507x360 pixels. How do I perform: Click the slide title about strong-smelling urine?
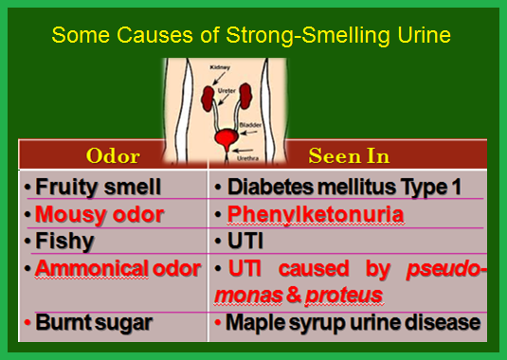pyautogui.click(x=251, y=35)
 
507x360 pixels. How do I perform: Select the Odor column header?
pyautogui.click(x=113, y=156)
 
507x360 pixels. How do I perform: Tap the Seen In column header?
pyautogui.click(x=349, y=155)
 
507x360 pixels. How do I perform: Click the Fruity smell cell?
pyautogui.click(x=98, y=187)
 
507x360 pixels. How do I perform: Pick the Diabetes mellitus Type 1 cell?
pyautogui.click(x=344, y=187)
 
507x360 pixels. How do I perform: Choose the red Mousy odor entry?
pyautogui.click(x=100, y=214)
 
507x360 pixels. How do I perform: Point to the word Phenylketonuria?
pyautogui.click(x=316, y=214)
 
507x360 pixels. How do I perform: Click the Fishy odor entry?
pyautogui.click(x=64, y=241)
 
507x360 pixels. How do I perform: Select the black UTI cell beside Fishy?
pyautogui.click(x=245, y=241)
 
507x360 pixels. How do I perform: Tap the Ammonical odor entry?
pyautogui.click(x=118, y=268)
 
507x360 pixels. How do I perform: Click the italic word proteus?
pyautogui.click(x=344, y=296)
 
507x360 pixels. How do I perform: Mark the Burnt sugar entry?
pyautogui.click(x=94, y=322)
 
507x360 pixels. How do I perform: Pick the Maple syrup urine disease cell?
pyautogui.click(x=353, y=322)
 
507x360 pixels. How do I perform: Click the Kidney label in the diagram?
pyautogui.click(x=220, y=67)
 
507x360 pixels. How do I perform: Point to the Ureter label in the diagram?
pyautogui.click(x=226, y=91)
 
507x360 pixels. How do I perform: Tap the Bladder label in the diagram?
pyautogui.click(x=250, y=125)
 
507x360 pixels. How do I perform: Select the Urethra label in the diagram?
pyautogui.click(x=247, y=158)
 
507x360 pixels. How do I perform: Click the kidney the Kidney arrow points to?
pyautogui.click(x=208, y=99)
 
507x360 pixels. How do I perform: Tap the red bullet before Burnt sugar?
pyautogui.click(x=27, y=322)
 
